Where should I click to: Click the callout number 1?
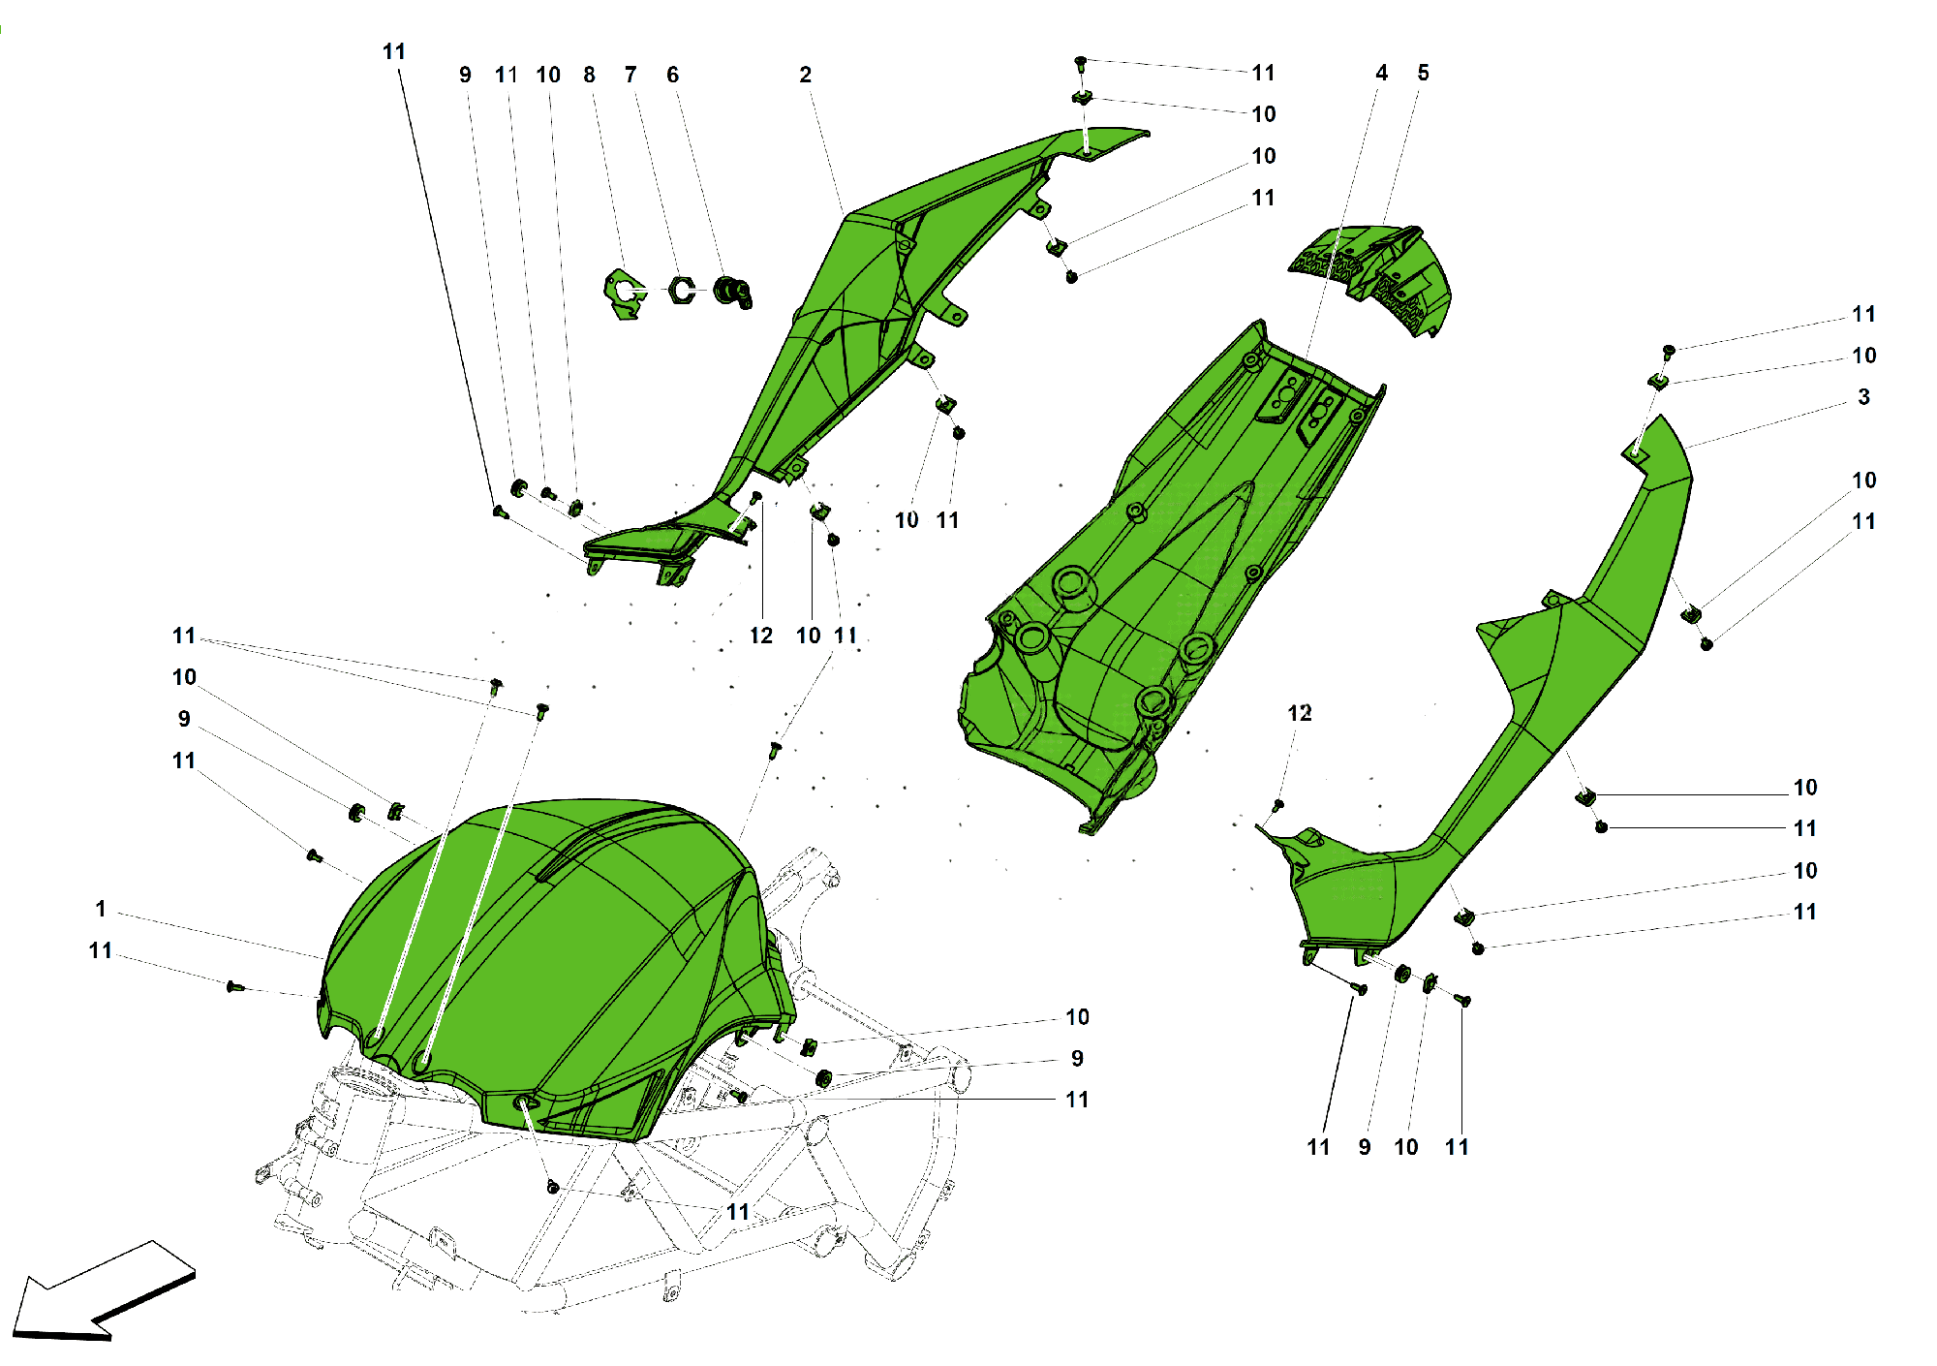101,909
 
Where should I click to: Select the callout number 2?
805,75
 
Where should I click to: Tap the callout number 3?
1863,397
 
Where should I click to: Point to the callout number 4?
1382,73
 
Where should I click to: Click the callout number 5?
1423,73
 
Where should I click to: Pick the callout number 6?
672,75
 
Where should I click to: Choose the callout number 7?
630,75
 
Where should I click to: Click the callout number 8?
589,75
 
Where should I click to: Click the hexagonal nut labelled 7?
683,290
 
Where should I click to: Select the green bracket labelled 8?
623,294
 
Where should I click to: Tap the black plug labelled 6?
732,290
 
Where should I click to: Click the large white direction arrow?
102,1293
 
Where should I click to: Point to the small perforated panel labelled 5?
1375,276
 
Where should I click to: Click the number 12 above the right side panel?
1299,713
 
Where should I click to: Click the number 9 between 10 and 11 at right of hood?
1077,1058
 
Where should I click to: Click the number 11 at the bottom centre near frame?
738,1212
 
